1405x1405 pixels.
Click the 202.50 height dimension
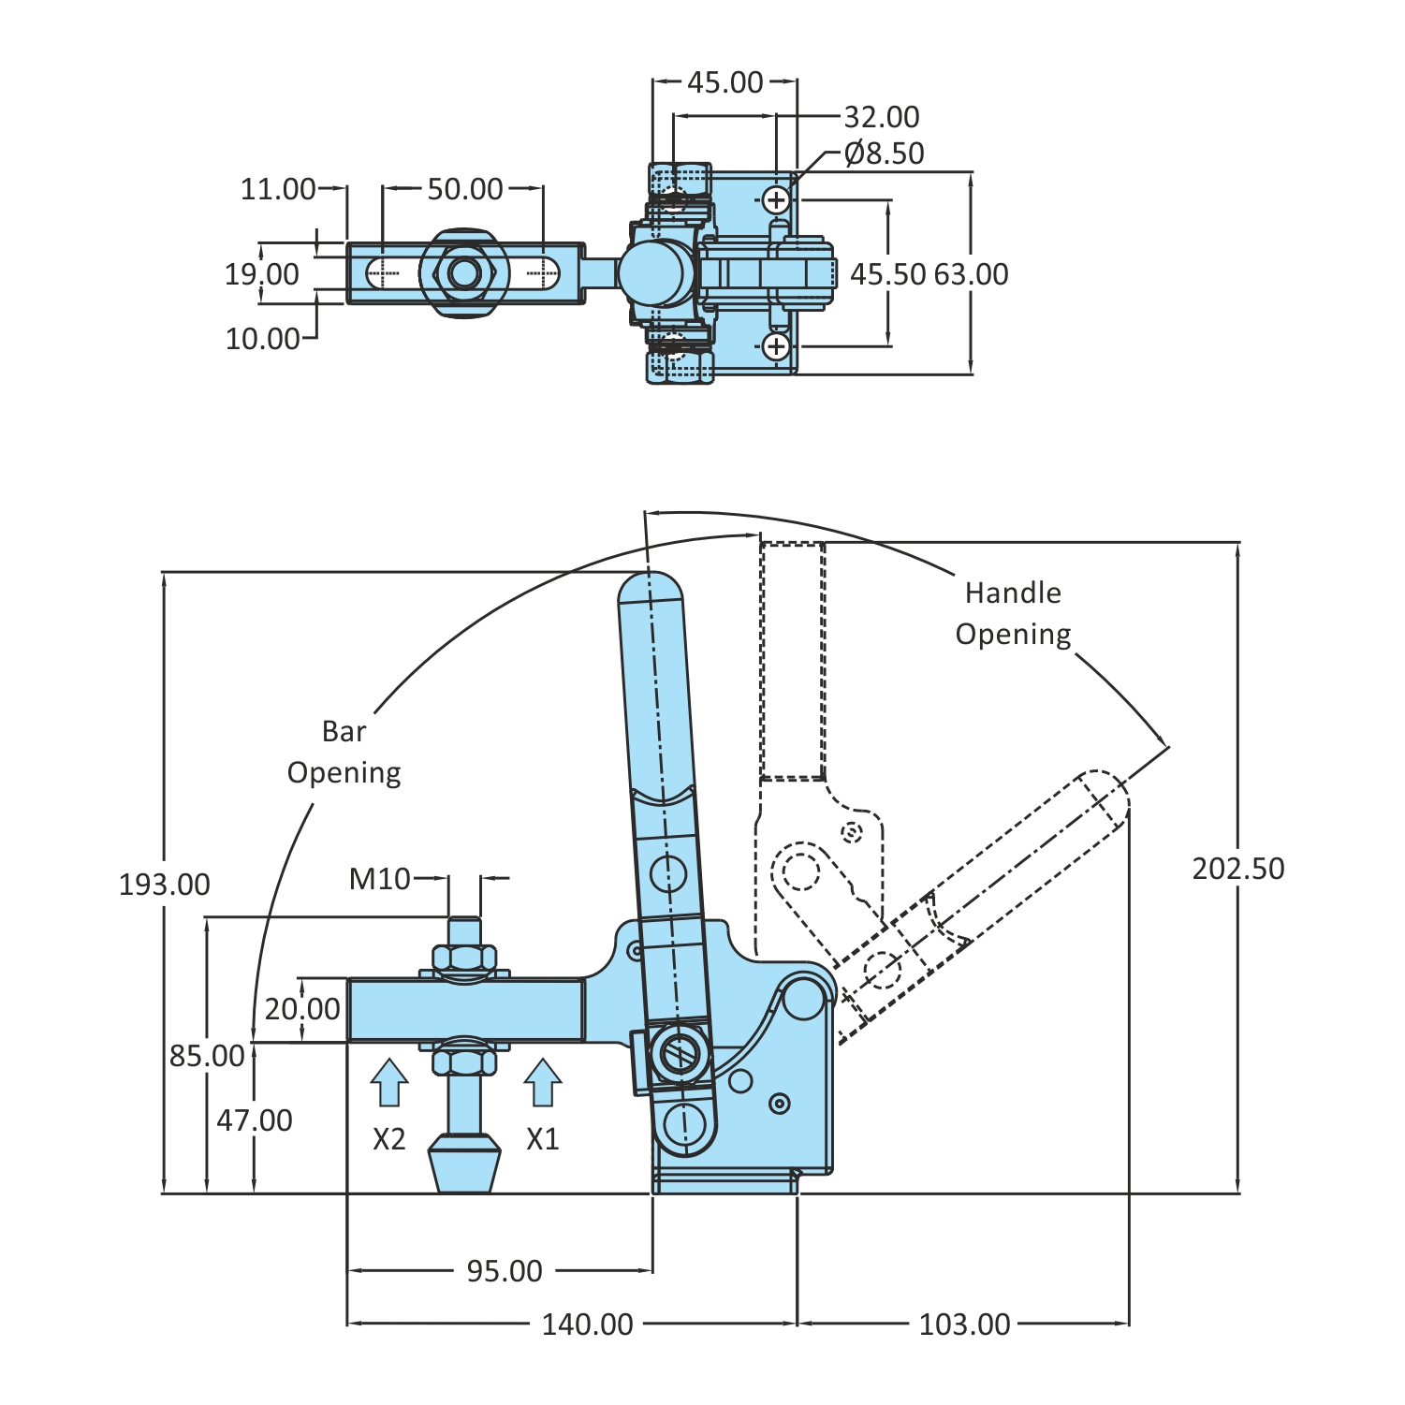point(1237,869)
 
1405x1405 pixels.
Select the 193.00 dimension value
point(165,885)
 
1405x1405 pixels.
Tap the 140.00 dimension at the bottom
point(587,1324)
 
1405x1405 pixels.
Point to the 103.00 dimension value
point(964,1324)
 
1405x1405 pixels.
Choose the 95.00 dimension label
point(505,1270)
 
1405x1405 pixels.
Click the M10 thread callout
point(379,879)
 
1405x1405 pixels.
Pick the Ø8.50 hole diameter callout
point(884,153)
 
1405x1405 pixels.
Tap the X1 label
point(542,1139)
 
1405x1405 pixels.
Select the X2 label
point(389,1139)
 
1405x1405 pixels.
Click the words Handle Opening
point(1013,613)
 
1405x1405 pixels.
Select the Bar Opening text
point(344,752)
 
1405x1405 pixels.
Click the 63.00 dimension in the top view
point(971,274)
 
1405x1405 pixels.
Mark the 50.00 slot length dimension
point(465,189)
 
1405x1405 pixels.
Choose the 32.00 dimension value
point(882,117)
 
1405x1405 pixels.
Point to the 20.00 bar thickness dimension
point(302,1009)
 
